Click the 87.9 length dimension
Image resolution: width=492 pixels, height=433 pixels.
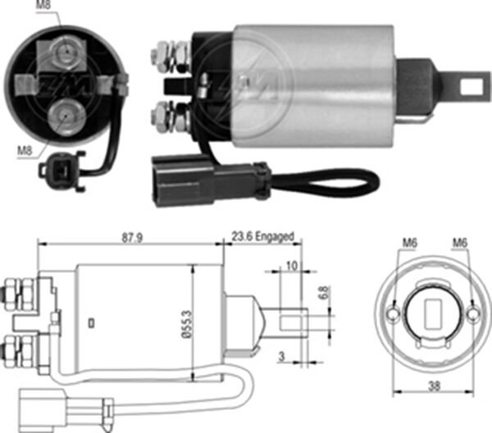coord(132,238)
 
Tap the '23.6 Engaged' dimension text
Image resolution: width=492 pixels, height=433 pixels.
coord(263,236)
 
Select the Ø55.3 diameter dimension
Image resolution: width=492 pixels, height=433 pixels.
coord(186,324)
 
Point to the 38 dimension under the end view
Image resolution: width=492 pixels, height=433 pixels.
coord(435,385)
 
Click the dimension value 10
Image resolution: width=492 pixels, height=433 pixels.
coord(292,266)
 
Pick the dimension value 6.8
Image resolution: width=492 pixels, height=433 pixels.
coord(325,293)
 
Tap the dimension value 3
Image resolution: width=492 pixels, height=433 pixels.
coord(282,356)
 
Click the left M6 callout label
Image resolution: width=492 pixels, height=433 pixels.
coord(410,243)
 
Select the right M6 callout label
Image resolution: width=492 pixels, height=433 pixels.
coord(460,243)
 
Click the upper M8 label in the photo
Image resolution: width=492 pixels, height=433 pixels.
coord(43,6)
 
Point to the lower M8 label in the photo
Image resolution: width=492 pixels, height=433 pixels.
coord(25,151)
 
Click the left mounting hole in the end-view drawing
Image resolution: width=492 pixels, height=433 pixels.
coord(392,314)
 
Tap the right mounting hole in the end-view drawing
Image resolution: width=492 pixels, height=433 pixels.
coord(472,314)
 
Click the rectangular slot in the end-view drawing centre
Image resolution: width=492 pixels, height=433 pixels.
coord(433,314)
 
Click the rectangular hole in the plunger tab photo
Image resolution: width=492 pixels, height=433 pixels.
coord(471,85)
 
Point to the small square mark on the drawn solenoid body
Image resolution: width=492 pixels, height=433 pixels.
coord(91,323)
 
